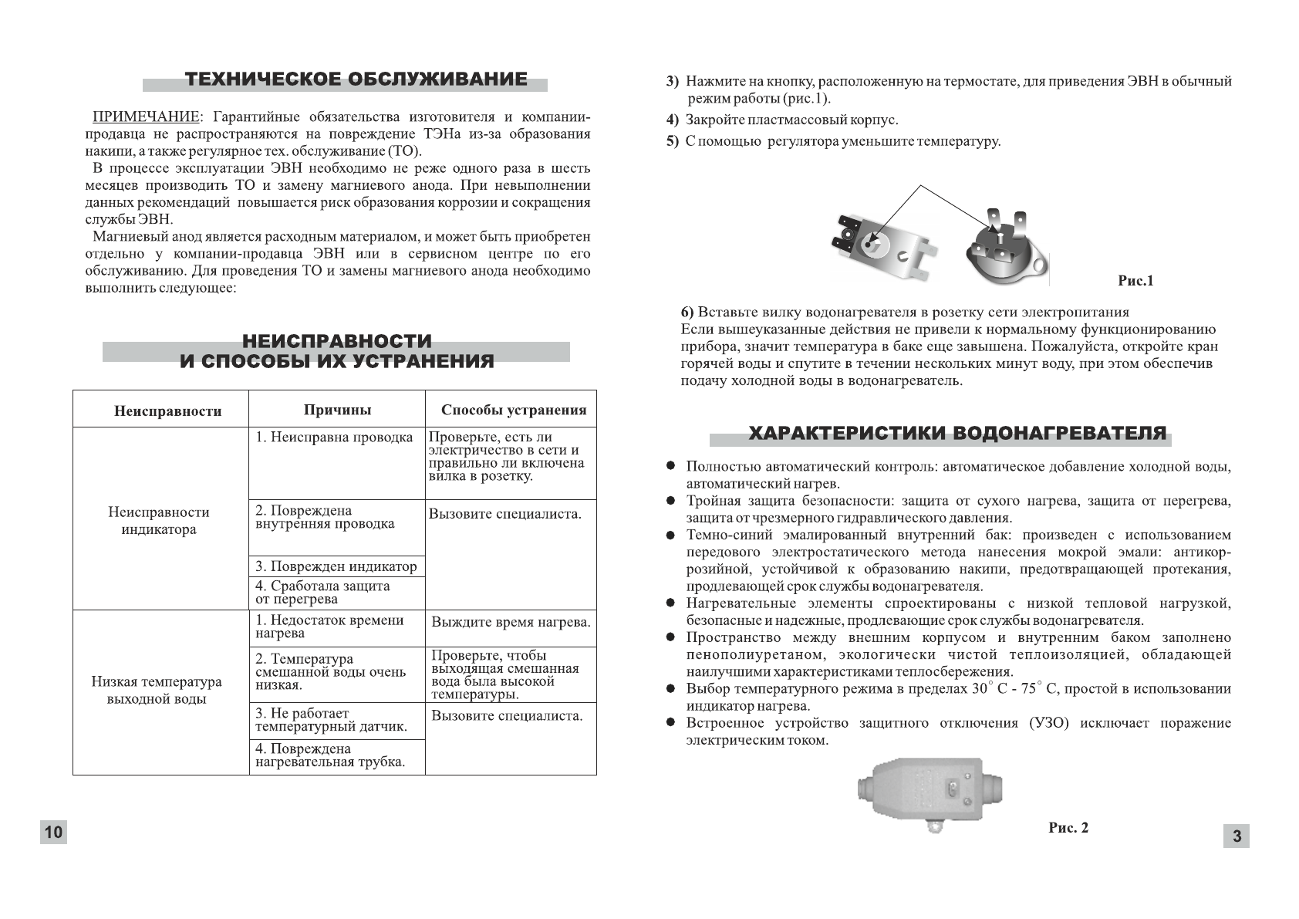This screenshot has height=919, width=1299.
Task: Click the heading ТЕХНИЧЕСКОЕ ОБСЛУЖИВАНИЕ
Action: tap(356, 79)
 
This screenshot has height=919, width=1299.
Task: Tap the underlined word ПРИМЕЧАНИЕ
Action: tap(145, 117)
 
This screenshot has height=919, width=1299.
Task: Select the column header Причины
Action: tap(337, 410)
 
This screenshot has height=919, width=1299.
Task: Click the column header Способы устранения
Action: tap(513, 411)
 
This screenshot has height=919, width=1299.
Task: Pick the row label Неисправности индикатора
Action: tap(159, 521)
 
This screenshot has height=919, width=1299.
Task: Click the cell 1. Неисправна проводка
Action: tap(334, 438)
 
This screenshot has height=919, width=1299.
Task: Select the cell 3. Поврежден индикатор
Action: tap(336, 566)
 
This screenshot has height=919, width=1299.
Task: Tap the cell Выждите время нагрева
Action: tap(511, 622)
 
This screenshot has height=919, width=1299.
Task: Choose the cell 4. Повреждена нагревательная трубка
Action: tap(330, 755)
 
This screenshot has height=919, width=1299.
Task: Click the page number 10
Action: tap(53, 832)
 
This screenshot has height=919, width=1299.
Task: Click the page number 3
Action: tap(1237, 836)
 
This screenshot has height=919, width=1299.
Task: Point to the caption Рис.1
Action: tap(1135, 281)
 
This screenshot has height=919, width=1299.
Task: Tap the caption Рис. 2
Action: tap(1068, 828)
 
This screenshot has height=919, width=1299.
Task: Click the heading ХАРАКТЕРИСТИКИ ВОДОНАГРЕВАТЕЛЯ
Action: tap(957, 433)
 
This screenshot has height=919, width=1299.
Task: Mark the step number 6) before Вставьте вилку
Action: tap(687, 313)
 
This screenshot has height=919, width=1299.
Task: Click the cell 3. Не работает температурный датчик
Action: tap(331, 720)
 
